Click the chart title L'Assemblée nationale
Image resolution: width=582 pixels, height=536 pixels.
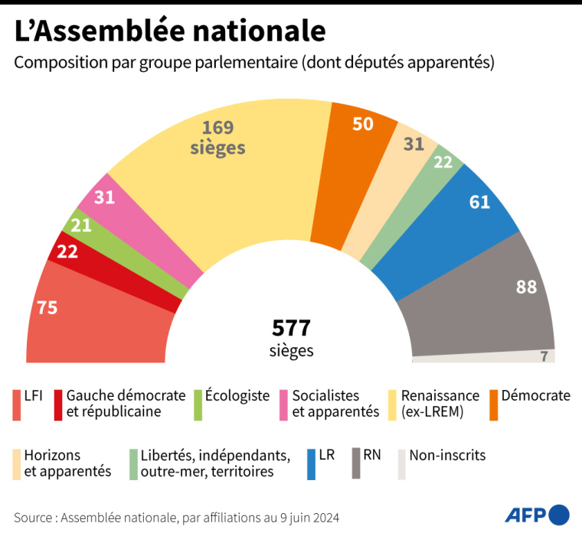[x=170, y=31]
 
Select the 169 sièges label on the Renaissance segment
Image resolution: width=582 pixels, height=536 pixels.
[x=217, y=138]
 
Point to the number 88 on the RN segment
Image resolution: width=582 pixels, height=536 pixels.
[x=526, y=287]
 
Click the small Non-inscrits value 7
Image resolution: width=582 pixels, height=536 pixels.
[x=544, y=356]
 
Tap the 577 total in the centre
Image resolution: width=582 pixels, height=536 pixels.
[x=291, y=328]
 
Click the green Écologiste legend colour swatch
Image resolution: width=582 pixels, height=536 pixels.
[x=198, y=404]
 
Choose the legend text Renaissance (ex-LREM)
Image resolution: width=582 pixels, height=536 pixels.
[x=440, y=404]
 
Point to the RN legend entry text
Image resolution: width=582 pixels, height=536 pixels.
[x=372, y=456]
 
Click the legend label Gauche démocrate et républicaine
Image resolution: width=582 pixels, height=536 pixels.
[x=126, y=404]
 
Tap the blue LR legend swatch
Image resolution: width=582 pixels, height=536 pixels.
[x=311, y=463]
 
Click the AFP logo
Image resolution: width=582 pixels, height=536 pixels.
[x=537, y=515]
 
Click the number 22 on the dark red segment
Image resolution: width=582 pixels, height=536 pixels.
[x=68, y=251]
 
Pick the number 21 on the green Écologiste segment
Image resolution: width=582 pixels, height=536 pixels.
[x=81, y=225]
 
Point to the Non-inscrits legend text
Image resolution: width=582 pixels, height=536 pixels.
[x=447, y=456]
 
